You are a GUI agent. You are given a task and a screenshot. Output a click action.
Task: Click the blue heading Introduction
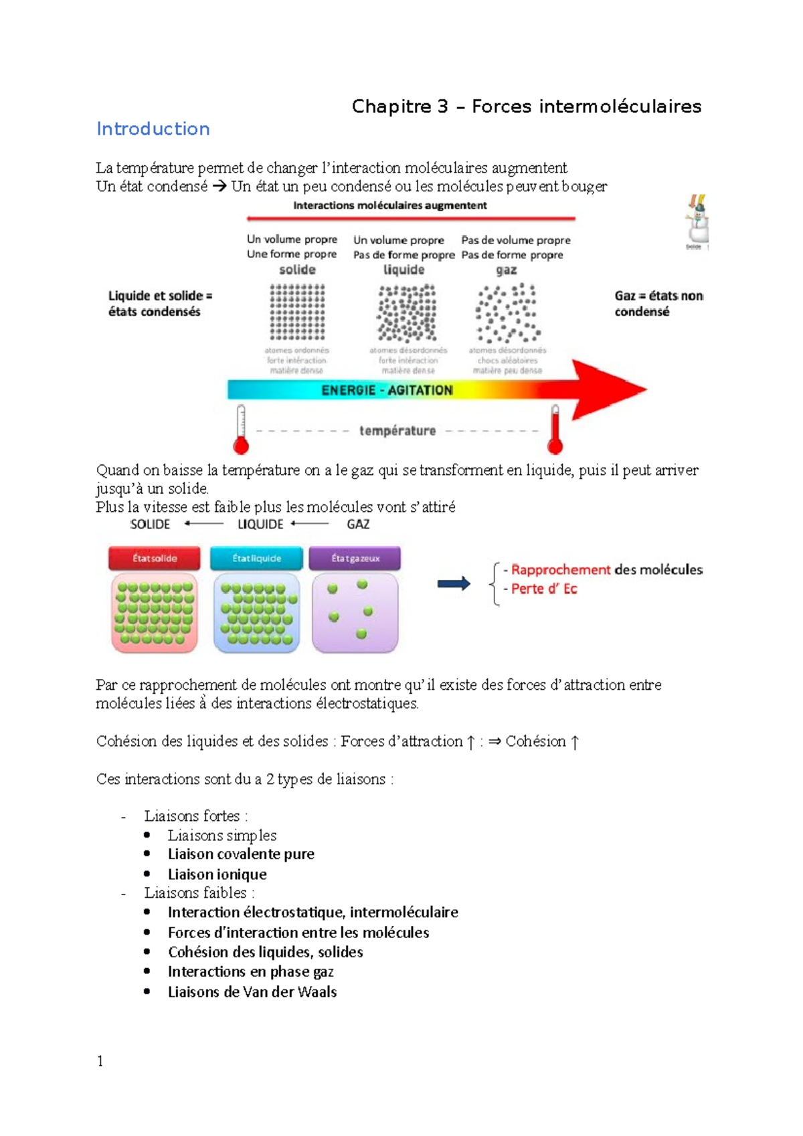153,128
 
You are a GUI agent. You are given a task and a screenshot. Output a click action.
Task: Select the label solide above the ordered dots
297,270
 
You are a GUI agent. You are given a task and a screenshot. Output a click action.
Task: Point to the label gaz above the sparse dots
506,270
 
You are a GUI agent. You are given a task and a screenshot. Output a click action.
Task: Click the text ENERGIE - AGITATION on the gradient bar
387,390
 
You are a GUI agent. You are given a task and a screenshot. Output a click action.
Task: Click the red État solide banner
155,558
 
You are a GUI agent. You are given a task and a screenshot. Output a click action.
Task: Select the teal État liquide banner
256,558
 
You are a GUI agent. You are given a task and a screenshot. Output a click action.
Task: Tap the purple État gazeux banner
355,558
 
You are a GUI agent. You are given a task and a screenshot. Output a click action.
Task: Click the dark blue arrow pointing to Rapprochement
454,584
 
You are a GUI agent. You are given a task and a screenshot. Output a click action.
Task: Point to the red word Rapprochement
561,569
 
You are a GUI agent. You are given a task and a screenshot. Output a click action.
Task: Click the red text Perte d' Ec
543,589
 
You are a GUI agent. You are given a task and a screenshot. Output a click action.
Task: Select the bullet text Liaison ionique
217,874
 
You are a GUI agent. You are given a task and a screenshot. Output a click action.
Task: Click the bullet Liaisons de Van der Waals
252,991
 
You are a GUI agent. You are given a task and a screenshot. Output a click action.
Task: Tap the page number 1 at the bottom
100,1061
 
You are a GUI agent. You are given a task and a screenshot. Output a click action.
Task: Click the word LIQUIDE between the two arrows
260,525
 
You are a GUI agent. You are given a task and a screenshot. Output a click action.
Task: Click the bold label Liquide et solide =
160,296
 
